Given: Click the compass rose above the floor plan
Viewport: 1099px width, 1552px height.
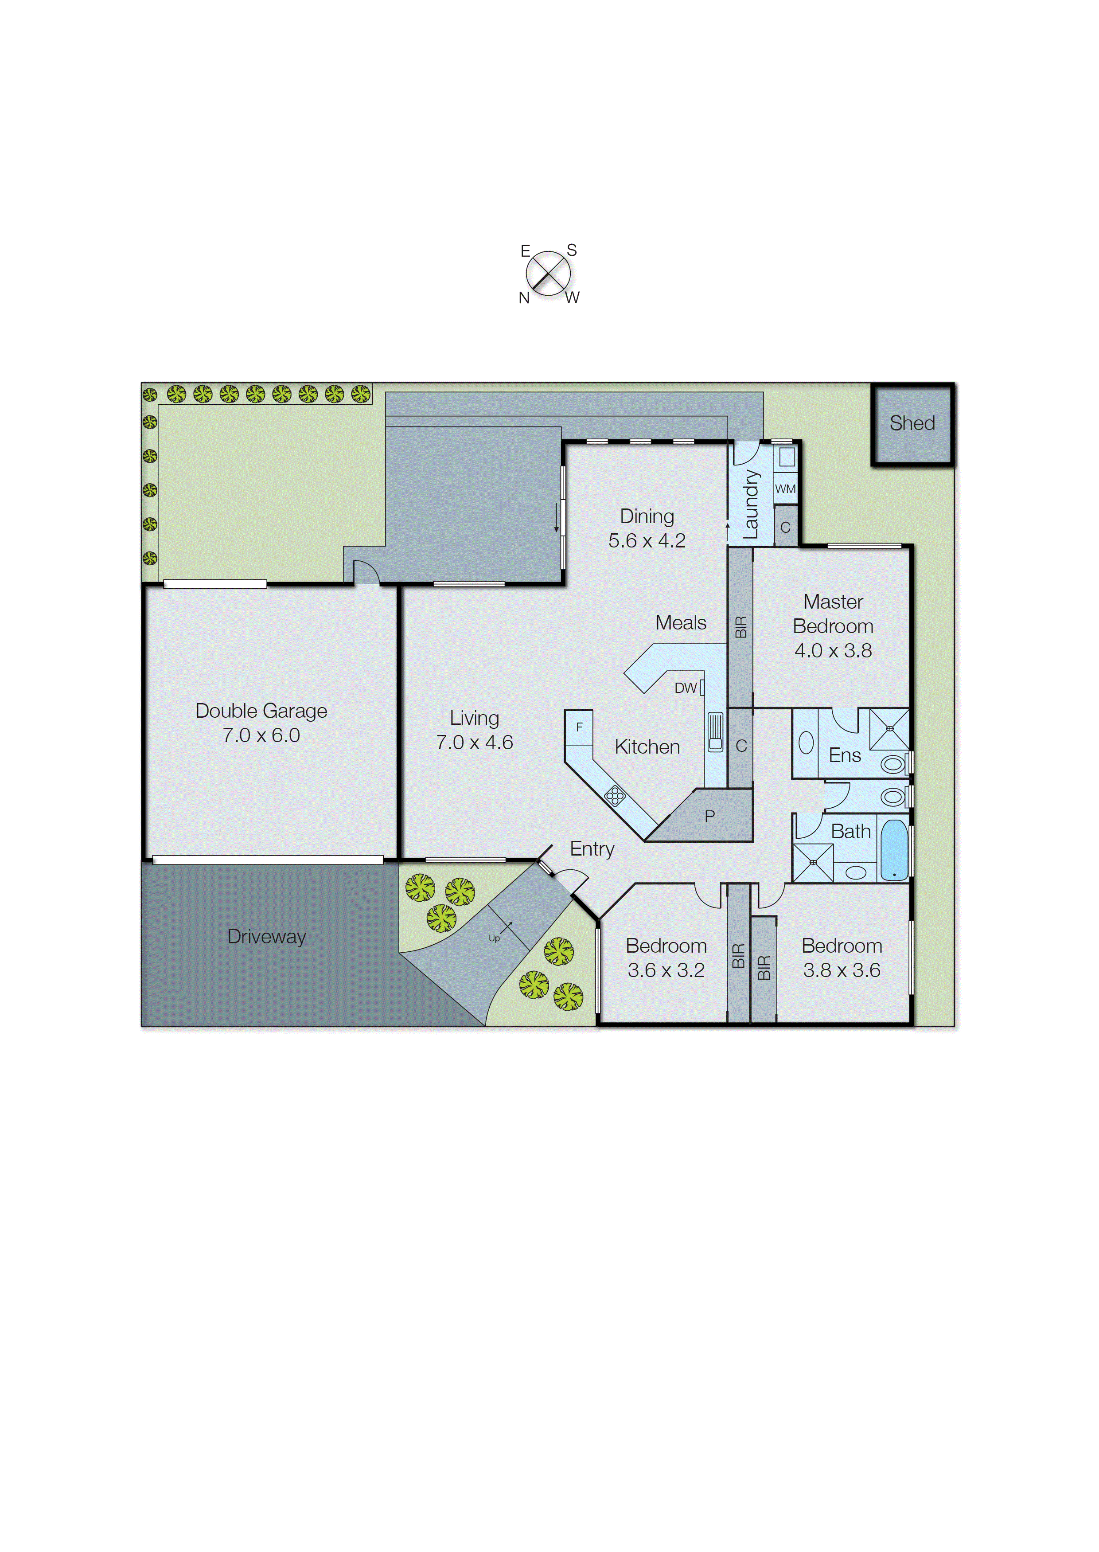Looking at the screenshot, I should [548, 274].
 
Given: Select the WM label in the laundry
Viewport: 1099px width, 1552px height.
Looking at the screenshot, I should [785, 489].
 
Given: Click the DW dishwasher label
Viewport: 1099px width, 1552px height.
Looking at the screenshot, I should [685, 688].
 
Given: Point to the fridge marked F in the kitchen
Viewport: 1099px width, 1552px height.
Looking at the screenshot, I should [579, 727].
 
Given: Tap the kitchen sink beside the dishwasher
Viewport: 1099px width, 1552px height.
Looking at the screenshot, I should [715, 731].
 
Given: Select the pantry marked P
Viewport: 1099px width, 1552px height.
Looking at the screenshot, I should [709, 816].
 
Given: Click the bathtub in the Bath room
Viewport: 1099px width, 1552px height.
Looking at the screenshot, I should [894, 850].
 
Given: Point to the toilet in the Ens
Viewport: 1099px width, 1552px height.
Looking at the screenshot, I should [892, 764].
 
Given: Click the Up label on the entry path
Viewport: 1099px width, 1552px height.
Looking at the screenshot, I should [494, 938].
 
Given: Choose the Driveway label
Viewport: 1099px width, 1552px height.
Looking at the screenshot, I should [267, 937].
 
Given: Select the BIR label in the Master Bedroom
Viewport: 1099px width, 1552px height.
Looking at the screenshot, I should [741, 627].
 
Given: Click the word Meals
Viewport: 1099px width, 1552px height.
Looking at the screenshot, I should [681, 623].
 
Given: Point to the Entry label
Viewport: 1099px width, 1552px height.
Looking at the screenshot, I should [592, 849].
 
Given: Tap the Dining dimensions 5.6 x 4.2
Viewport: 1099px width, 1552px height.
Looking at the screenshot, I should [647, 541].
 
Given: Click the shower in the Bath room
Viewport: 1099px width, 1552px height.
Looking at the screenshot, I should [813, 862].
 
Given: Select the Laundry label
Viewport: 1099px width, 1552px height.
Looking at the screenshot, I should [751, 504].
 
